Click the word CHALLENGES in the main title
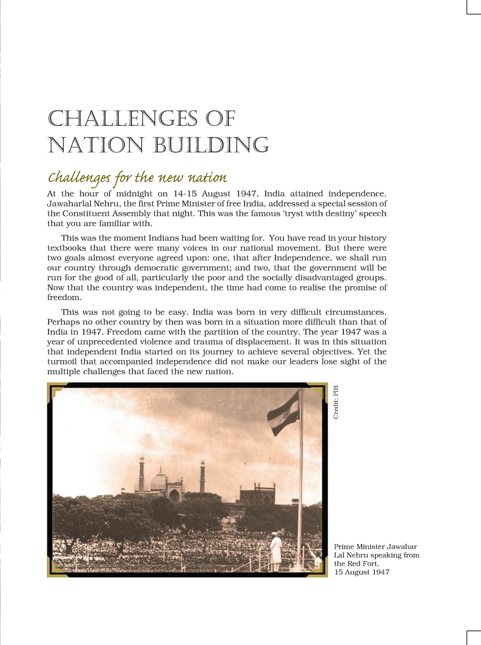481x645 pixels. coord(123,118)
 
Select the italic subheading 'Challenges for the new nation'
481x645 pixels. coord(137,178)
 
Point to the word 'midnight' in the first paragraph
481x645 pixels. coord(134,194)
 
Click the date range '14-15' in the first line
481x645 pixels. coord(185,194)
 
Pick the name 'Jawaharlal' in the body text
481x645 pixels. coord(70,204)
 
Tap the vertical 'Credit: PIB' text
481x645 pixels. coord(336,402)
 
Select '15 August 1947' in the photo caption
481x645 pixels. coord(362,572)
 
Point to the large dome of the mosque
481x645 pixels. coord(158,482)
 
